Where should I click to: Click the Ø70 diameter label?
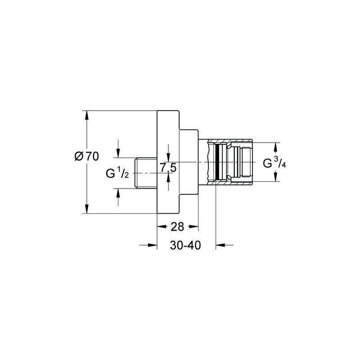tap(87, 157)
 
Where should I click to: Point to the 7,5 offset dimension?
tap(168, 168)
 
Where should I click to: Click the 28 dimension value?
tap(177, 227)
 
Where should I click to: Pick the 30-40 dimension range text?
tap(185, 245)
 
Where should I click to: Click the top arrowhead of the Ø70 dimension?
tap(86, 115)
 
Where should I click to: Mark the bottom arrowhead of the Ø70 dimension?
tap(86, 209)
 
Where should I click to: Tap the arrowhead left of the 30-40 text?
tap(153, 245)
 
